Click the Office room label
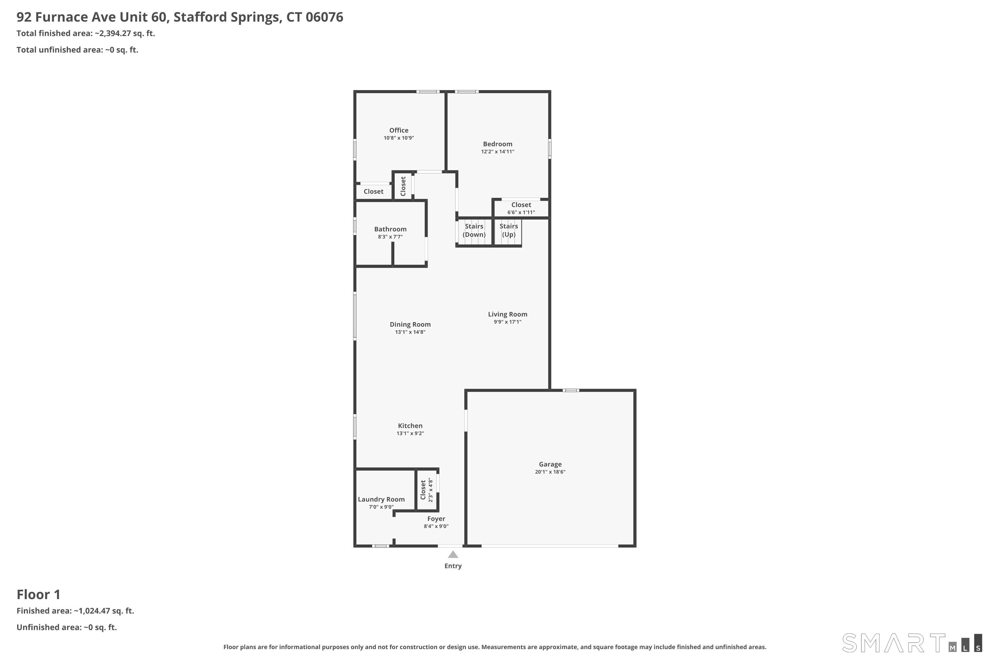pos(399,130)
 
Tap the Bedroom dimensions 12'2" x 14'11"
pos(498,151)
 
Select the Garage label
pos(550,464)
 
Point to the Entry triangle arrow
pos(453,554)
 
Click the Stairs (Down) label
pos(474,230)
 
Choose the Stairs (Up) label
pos(509,230)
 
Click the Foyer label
pos(436,518)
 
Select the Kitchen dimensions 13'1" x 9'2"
pos(410,433)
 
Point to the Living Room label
pos(508,314)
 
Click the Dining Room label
pos(410,324)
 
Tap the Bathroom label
pos(390,229)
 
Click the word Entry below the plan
pos(453,566)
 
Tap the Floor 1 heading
pos(38,594)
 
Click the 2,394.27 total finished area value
pos(115,33)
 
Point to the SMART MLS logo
pos(912,643)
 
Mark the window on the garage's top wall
pos(571,390)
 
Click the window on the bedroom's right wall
pos(549,148)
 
